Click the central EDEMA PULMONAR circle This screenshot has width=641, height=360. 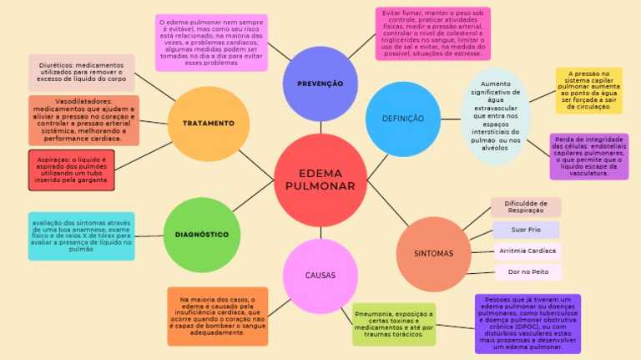[x=320, y=180]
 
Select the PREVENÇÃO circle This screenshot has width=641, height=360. [x=320, y=84]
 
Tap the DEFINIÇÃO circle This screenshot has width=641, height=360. [x=402, y=119]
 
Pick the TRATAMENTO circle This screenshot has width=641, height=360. [x=208, y=124]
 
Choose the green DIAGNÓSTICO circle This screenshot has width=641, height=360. [x=202, y=235]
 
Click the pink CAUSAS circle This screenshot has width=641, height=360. [x=320, y=276]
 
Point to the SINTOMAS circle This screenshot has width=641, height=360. [x=433, y=253]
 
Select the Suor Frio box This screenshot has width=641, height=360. [x=526, y=230]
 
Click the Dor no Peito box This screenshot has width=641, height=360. [x=526, y=272]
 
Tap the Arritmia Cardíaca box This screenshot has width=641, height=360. [x=526, y=251]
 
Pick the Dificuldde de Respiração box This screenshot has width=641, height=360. [x=526, y=207]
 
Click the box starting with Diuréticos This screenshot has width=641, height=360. [x=81, y=73]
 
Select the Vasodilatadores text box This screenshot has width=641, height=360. [x=83, y=120]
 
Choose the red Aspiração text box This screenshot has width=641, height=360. [x=71, y=170]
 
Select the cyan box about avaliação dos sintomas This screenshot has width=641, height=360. [x=81, y=236]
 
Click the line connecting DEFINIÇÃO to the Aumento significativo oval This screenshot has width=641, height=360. [x=451, y=119]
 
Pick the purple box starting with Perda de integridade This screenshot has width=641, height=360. [x=589, y=156]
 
